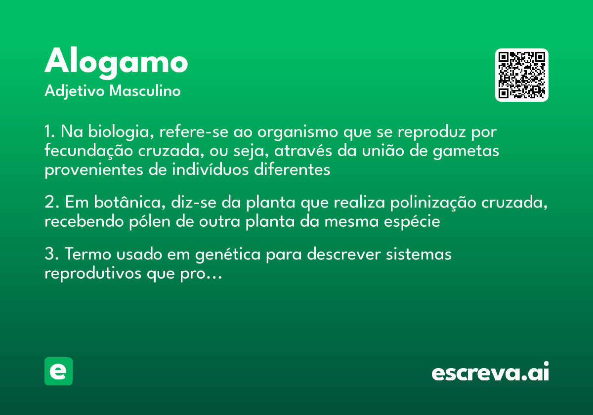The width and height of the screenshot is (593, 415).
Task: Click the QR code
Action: point(522,75)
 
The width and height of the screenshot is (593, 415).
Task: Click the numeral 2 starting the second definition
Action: point(49,203)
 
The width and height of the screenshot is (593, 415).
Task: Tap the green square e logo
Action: point(58,372)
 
